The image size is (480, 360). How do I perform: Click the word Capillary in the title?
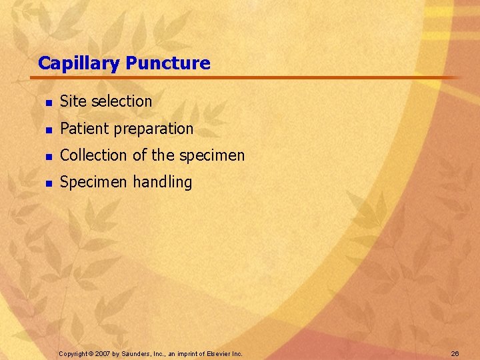pos(79,64)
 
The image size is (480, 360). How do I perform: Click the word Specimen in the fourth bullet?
pos(92,183)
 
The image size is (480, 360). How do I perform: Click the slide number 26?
pos(455,353)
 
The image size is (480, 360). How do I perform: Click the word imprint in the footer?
pos(187,353)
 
